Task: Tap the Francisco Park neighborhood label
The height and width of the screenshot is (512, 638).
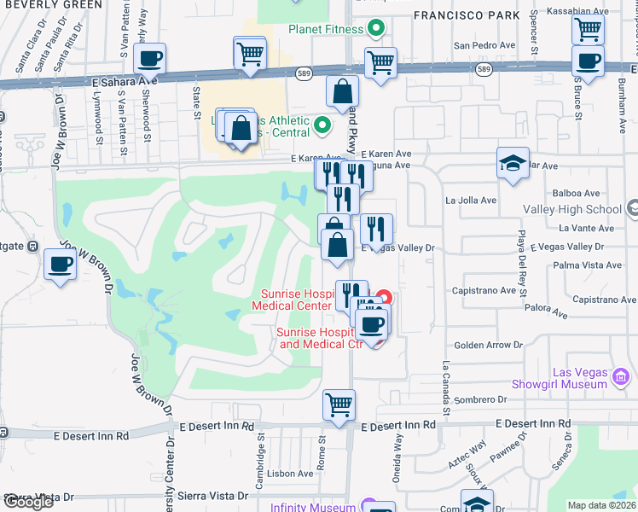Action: click(x=466, y=15)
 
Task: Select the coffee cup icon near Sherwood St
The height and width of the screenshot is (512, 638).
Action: click(x=149, y=58)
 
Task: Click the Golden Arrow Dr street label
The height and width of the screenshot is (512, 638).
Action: click(x=488, y=345)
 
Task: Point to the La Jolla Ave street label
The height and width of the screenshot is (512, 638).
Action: click(x=471, y=201)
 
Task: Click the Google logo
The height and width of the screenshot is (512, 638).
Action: click(x=29, y=502)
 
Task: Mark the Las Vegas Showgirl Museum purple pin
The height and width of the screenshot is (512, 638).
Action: click(x=621, y=376)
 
